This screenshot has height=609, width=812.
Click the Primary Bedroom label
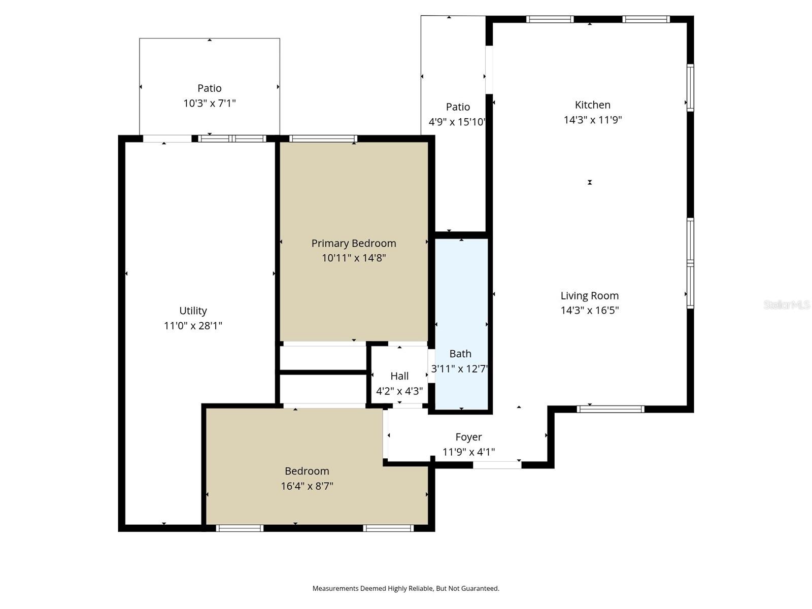pyautogui.click(x=354, y=243)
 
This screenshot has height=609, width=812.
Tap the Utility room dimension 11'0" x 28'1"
pyautogui.click(x=193, y=326)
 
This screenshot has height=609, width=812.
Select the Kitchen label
pyautogui.click(x=592, y=105)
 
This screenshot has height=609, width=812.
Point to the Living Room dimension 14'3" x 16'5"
pyautogui.click(x=589, y=311)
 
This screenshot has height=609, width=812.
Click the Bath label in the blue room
pyautogui.click(x=460, y=354)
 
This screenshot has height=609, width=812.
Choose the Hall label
pyautogui.click(x=399, y=376)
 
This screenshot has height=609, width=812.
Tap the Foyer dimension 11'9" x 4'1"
pyautogui.click(x=468, y=452)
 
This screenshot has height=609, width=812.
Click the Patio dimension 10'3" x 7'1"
pyautogui.click(x=209, y=104)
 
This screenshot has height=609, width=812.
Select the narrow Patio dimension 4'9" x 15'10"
pyautogui.click(x=457, y=122)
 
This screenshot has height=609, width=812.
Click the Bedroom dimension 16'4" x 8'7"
pyautogui.click(x=307, y=486)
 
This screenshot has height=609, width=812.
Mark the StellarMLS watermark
pyautogui.click(x=787, y=304)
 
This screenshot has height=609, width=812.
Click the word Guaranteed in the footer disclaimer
pyautogui.click(x=480, y=589)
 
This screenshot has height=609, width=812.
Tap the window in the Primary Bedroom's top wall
pyautogui.click(x=323, y=139)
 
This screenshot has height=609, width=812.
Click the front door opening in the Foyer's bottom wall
pyautogui.click(x=497, y=465)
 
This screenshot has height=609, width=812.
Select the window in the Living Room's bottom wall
pyautogui.click(x=611, y=409)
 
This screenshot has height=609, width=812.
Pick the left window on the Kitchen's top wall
pyautogui.click(x=550, y=19)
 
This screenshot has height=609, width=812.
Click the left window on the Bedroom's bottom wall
pyautogui.click(x=240, y=528)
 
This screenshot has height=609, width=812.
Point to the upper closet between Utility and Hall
pyautogui.click(x=323, y=358)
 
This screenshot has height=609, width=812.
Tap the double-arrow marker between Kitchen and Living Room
pyautogui.click(x=590, y=182)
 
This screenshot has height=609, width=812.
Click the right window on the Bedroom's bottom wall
pyautogui.click(x=388, y=528)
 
